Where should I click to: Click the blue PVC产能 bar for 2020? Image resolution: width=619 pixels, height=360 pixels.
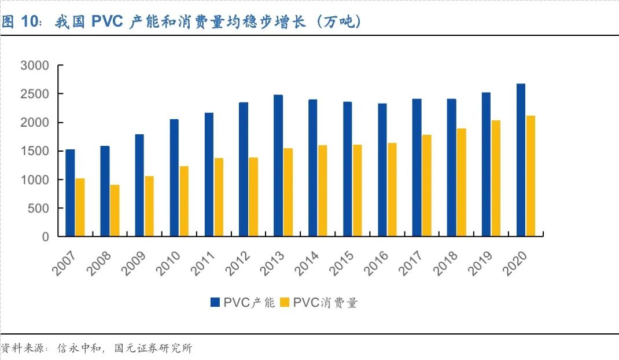(x=521, y=160)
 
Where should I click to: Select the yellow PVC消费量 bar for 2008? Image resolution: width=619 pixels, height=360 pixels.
(x=115, y=211)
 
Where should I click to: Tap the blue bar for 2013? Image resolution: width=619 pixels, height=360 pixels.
(x=278, y=166)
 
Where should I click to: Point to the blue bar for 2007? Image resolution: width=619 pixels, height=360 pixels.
(x=70, y=193)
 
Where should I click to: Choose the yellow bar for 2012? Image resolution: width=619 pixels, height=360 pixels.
(x=253, y=197)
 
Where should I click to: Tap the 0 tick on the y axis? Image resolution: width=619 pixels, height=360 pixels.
(x=45, y=237)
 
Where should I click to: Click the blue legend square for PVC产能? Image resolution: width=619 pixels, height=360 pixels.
(x=215, y=302)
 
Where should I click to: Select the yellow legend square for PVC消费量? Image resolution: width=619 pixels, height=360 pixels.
(x=284, y=302)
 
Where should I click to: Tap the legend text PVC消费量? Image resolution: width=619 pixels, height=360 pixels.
(x=325, y=302)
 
